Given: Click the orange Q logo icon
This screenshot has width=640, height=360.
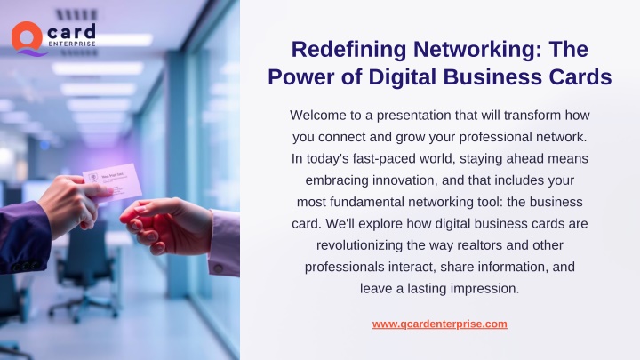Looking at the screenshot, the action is point(27,38).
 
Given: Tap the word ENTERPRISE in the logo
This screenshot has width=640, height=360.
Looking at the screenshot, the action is point(72,44).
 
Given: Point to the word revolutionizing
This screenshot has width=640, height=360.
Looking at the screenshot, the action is point(360,245).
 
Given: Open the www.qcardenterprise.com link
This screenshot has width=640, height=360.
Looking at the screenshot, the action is point(440,324).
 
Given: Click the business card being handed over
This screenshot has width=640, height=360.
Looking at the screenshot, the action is point(114,182).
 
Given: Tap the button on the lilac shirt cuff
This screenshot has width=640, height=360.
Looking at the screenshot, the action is point(219,268).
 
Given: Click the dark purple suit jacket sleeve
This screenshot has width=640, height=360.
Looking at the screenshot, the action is point(24,237).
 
